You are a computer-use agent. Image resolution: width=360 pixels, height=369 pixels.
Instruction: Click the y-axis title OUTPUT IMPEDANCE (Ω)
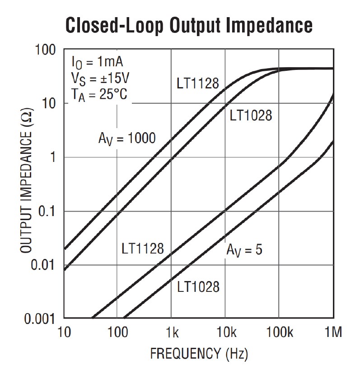(x=27, y=183)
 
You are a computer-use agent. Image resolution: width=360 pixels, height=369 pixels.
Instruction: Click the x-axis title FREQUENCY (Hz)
(x=199, y=353)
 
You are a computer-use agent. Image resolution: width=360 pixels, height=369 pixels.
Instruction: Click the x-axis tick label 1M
(x=333, y=333)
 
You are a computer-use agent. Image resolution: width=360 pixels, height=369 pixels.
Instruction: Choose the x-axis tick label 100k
(x=279, y=333)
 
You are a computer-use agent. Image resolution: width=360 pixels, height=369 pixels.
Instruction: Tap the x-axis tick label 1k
(x=171, y=333)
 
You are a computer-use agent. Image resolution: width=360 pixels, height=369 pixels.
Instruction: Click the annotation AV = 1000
(x=127, y=138)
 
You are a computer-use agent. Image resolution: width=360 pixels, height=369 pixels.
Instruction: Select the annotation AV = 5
(x=244, y=249)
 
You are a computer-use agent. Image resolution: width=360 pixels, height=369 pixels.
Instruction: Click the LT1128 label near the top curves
(x=197, y=83)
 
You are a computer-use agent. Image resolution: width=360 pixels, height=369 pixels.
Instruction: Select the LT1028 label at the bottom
(x=198, y=286)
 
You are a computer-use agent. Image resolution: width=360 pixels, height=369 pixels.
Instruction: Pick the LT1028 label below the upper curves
(x=251, y=115)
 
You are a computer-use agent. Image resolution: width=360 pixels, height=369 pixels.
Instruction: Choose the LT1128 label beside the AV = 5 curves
(x=142, y=249)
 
